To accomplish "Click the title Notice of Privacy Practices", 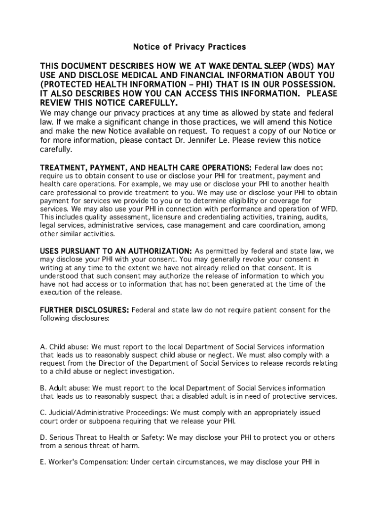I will tap(190, 47).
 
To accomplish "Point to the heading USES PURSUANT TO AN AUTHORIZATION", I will tap(116, 251).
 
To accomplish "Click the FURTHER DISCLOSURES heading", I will tap(84, 310).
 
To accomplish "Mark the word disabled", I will tap(201, 396).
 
